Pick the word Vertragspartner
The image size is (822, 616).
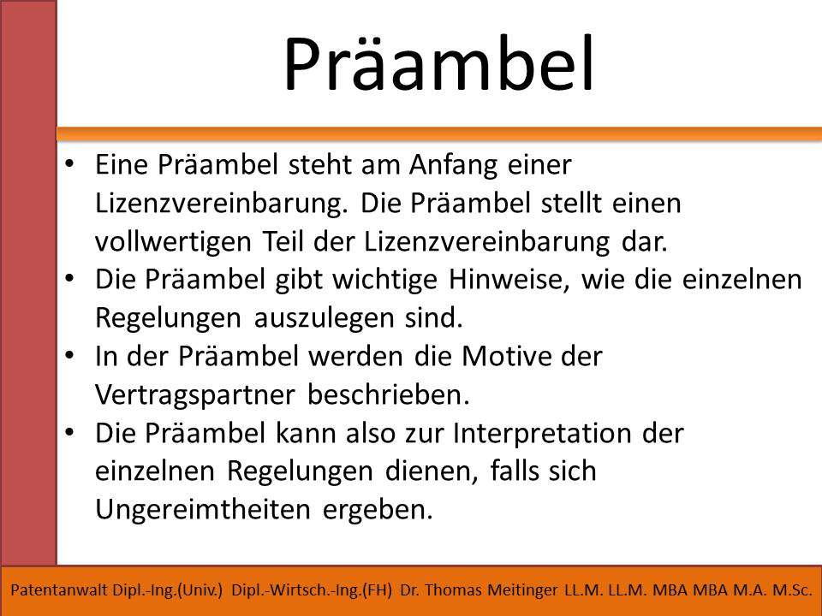(195, 396)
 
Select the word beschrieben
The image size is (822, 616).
(388, 395)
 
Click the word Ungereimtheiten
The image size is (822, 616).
(202, 510)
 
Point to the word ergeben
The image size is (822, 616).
(378, 511)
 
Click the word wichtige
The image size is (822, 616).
(384, 281)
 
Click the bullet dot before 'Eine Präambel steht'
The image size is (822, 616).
(69, 163)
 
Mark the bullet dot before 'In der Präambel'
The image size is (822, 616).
(69, 355)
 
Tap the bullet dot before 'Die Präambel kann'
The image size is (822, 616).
(69, 432)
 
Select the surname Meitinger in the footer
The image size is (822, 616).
(522, 591)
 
